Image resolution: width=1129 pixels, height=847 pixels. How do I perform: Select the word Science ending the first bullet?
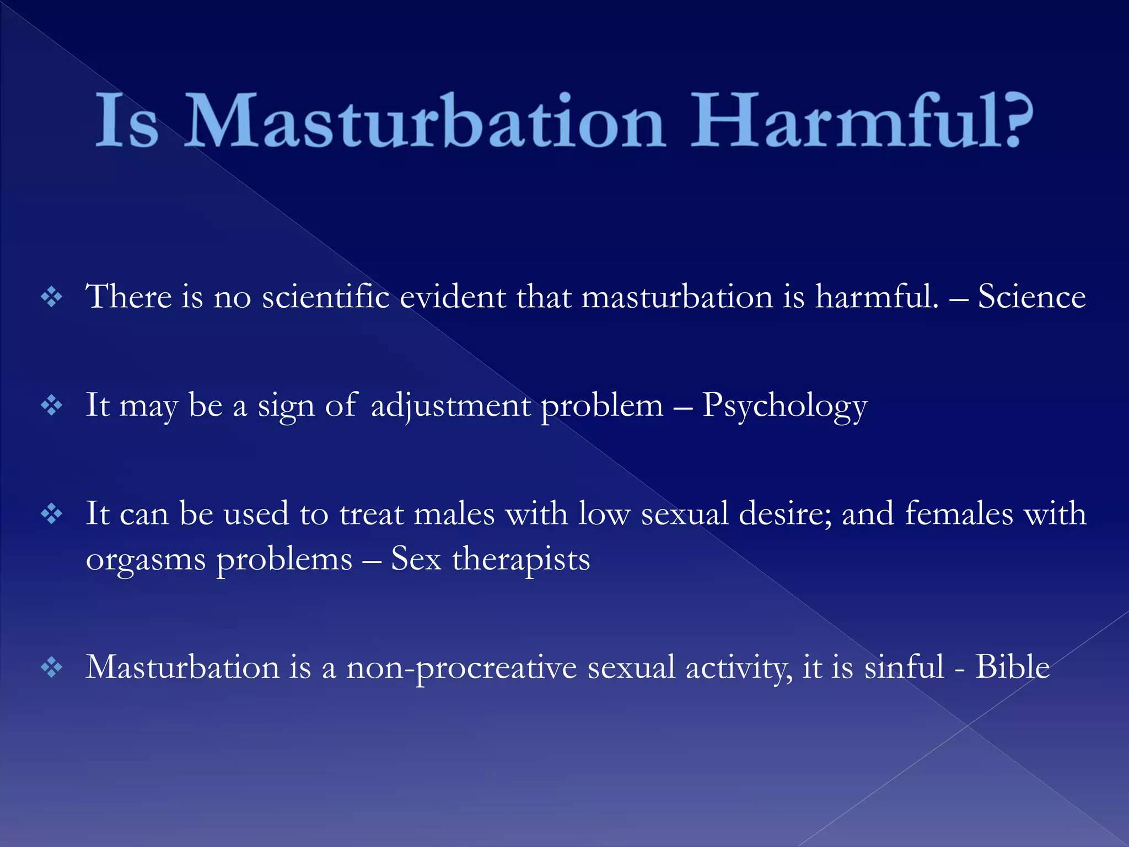[1031, 297]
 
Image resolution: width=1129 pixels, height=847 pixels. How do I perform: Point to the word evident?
[452, 297]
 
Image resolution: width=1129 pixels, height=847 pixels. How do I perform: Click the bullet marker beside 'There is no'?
[52, 298]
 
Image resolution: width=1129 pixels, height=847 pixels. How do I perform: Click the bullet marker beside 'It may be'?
[52, 406]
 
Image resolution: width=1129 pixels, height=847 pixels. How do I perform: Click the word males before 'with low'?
[454, 514]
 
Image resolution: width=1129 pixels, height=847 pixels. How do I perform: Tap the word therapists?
[521, 559]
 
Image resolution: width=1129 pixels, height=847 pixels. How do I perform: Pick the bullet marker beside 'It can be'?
[52, 514]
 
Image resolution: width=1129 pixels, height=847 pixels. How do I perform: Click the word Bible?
[1012, 667]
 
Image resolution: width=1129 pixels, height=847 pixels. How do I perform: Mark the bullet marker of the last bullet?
[52, 668]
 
